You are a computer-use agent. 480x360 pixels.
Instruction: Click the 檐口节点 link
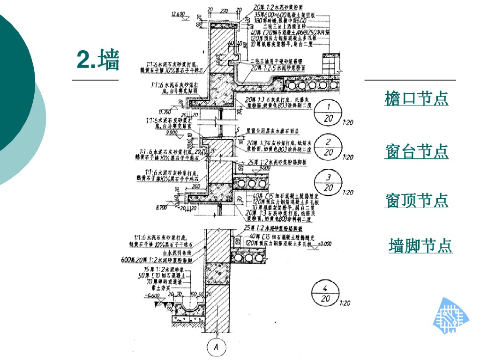coord(416,98)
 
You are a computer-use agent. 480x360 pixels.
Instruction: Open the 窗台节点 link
coord(417,151)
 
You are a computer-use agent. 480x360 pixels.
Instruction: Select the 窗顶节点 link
coord(417,200)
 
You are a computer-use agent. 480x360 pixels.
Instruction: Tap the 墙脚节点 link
coord(420,245)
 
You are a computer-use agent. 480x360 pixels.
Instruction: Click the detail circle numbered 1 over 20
coord(329,112)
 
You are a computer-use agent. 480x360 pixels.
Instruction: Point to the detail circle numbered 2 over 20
coord(329,147)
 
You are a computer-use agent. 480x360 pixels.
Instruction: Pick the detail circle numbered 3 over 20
coord(329,182)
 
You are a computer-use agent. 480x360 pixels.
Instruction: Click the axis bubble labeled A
coord(216,347)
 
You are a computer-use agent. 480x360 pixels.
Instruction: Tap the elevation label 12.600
coord(178,14)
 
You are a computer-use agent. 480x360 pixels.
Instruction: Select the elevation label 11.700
coord(165,112)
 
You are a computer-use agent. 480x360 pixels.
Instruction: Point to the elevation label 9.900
coord(172,133)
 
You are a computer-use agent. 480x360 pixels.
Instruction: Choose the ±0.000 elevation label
coord(324,244)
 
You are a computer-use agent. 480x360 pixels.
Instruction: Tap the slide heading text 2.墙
coord(98,60)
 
